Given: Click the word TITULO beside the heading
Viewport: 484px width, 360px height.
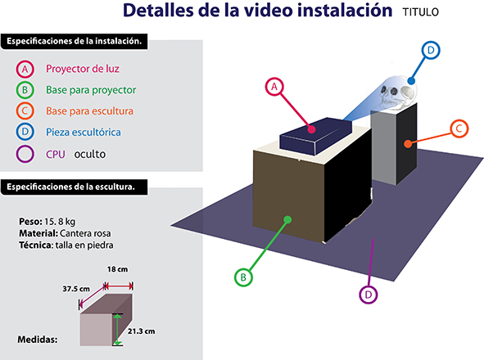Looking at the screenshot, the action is tap(420, 12).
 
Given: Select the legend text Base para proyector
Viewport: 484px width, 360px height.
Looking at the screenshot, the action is tap(91, 90).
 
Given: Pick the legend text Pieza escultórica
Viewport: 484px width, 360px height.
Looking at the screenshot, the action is tap(84, 133).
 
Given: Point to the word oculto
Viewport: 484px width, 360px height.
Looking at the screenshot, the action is tap(90, 154).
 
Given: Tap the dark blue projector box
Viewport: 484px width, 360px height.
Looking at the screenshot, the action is tap(316, 136).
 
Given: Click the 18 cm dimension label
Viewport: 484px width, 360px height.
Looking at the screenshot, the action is tap(117, 269).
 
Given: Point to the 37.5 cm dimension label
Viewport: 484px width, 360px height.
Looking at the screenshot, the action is tap(76, 289).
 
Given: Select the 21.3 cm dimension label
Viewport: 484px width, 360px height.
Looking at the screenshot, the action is tap(142, 331).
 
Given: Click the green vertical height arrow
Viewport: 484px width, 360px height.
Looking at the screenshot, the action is tap(117, 330).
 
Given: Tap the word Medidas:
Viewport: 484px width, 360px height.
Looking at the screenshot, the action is tap(38, 340).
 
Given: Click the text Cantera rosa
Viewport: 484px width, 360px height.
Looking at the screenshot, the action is tap(85, 233).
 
